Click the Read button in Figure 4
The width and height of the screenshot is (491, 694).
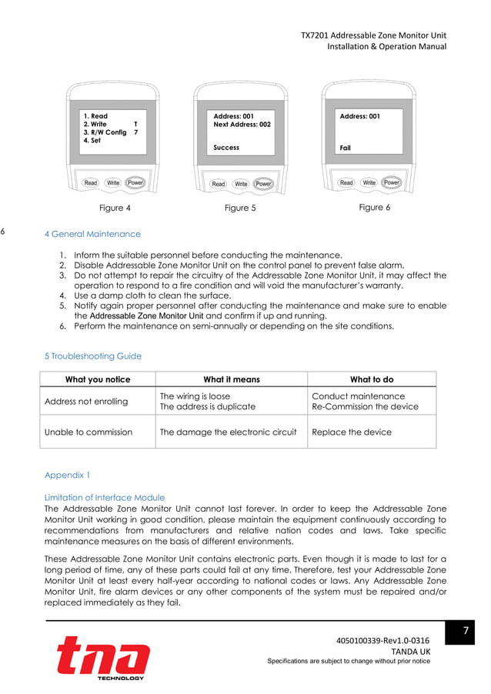tap(91, 182)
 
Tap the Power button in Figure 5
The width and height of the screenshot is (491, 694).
tap(264, 184)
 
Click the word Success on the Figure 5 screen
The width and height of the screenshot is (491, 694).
tap(226, 148)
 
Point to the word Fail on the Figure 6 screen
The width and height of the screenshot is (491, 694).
tap(346, 148)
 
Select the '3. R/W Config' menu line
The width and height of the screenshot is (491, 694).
tap(105, 132)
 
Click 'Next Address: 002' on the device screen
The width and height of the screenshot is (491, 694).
tap(242, 125)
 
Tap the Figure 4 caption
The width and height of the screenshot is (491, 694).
tap(115, 208)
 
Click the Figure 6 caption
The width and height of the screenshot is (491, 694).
tap(371, 208)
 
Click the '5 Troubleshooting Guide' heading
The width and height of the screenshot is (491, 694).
tap(93, 356)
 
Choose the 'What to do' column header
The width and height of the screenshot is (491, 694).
tap(371, 379)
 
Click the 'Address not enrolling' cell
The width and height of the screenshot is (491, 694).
tap(86, 402)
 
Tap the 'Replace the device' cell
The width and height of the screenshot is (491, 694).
tap(352, 432)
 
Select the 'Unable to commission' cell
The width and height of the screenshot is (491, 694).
tap(89, 432)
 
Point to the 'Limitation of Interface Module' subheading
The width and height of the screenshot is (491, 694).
tap(105, 497)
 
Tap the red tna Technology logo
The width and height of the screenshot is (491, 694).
tap(102, 658)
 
